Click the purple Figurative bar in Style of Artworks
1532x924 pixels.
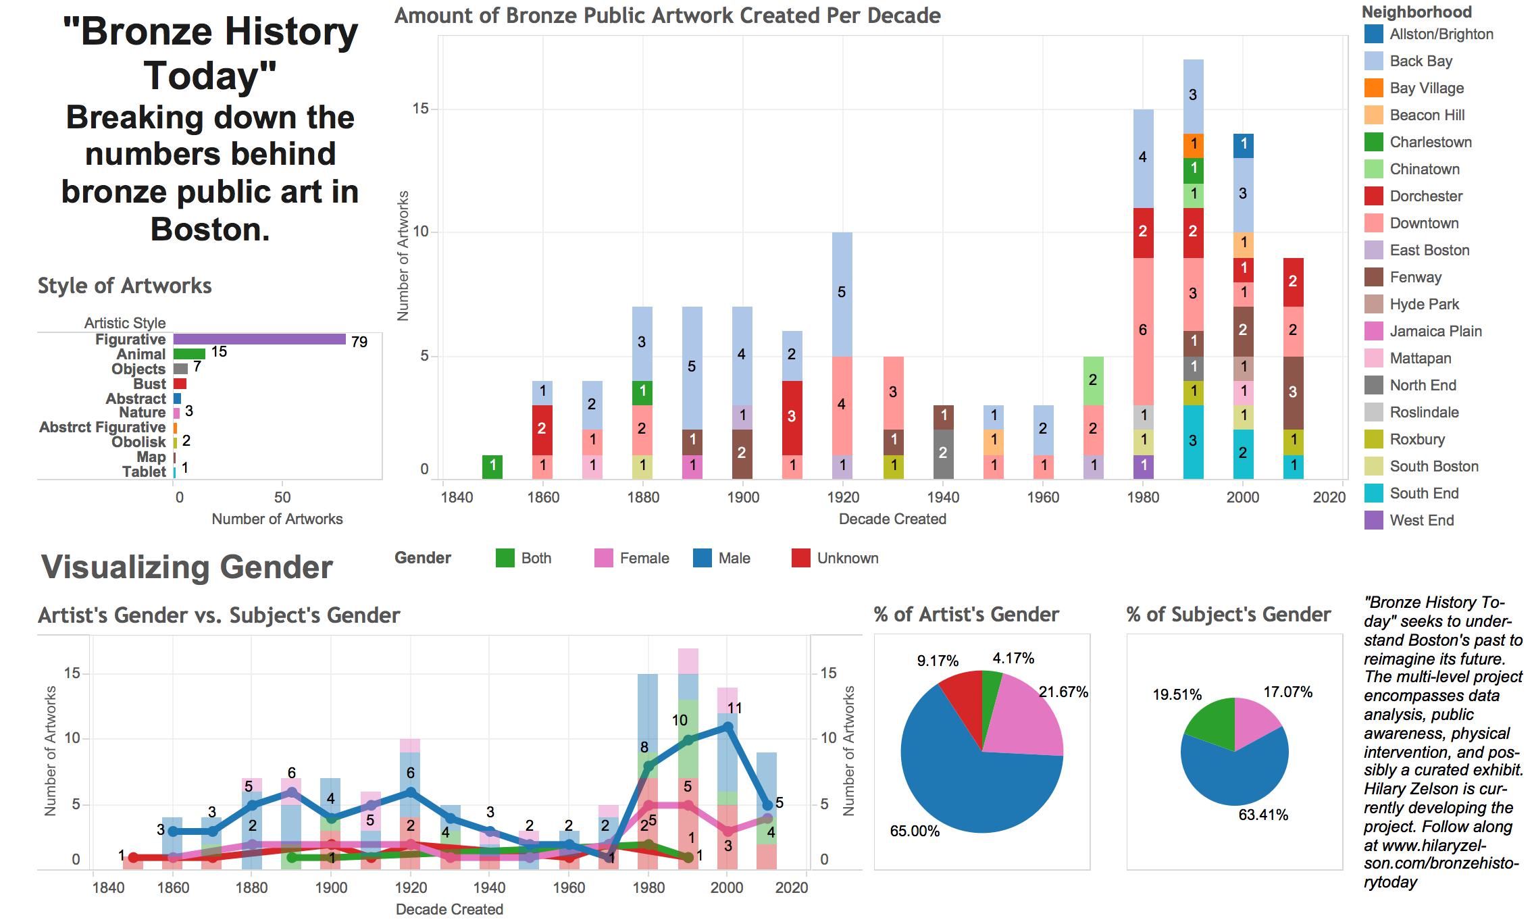[259, 339]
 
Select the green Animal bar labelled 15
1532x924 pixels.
[189, 353]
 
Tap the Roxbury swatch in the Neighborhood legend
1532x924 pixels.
[1374, 440]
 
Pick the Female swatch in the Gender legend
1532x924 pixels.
[603, 558]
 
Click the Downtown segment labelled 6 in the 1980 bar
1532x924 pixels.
[1143, 331]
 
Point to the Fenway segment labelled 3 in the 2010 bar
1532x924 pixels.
[1293, 392]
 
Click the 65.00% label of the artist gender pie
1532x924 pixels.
[915, 831]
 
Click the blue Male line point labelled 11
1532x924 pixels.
[727, 727]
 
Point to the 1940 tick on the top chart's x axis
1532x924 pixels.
[943, 498]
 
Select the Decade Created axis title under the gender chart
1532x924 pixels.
[449, 909]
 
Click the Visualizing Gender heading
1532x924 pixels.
[187, 567]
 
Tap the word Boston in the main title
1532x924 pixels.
[209, 230]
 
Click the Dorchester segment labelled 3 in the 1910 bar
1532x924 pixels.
[792, 417]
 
